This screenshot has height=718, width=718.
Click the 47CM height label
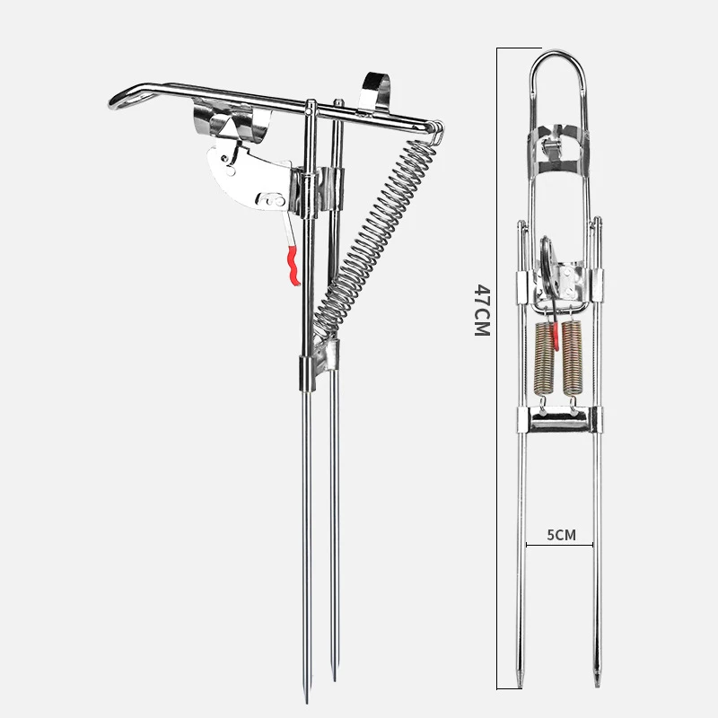tap(481, 310)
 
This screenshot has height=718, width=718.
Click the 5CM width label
tap(561, 535)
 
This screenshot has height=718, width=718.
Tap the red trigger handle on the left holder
tap(290, 266)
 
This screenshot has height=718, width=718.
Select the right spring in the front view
tap(574, 359)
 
